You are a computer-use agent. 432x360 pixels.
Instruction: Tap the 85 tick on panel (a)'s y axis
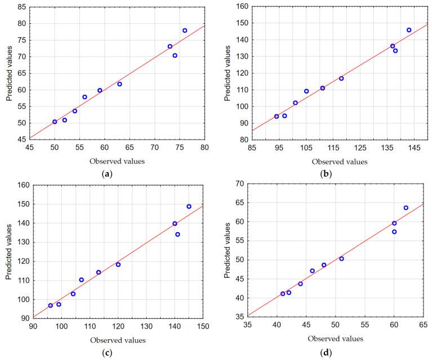19,7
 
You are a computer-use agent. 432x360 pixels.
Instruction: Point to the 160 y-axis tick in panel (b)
238,7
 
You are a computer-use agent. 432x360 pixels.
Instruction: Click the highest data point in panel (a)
185,30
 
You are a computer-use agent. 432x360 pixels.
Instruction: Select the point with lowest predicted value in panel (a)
55,122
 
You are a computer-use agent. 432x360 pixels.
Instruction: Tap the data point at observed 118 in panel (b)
341,78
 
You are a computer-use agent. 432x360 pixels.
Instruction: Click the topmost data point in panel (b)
409,30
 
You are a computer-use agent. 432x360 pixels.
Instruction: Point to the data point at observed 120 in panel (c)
118,264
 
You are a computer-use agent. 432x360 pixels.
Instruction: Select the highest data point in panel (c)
189,206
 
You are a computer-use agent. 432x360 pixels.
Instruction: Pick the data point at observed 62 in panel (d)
406,208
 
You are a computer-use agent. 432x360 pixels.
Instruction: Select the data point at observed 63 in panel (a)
119,84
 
